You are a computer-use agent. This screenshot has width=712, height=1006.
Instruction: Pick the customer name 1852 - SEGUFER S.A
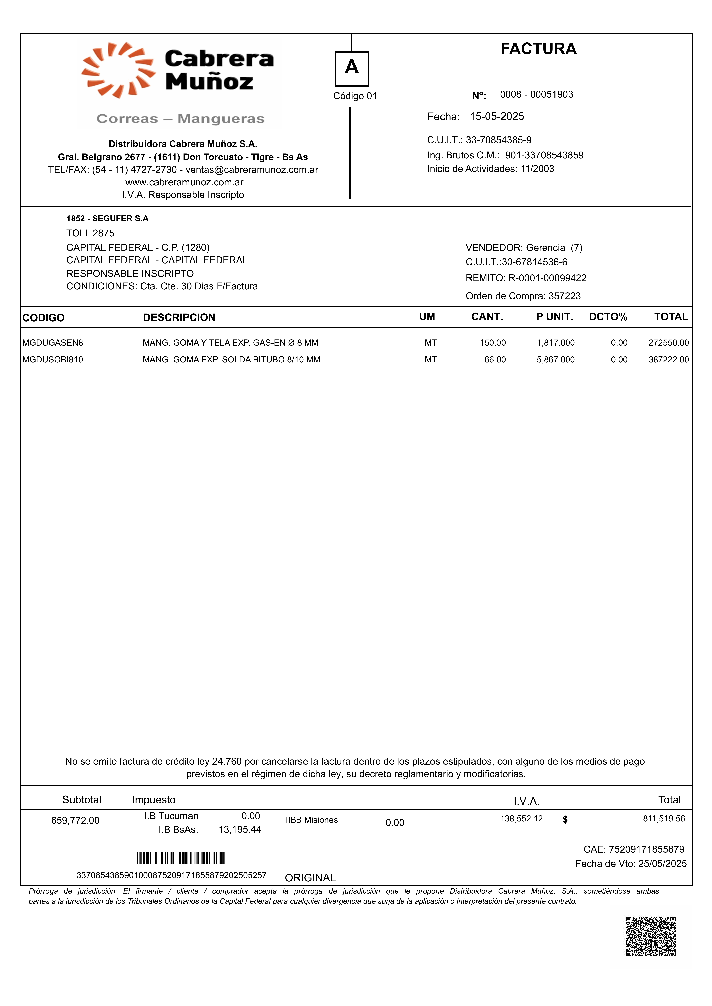(107, 219)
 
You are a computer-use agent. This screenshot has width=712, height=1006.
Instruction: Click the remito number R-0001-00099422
(547, 278)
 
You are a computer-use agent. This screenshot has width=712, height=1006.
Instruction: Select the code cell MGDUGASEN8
(53, 343)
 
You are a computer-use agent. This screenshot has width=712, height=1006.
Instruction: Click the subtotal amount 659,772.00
(75, 820)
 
